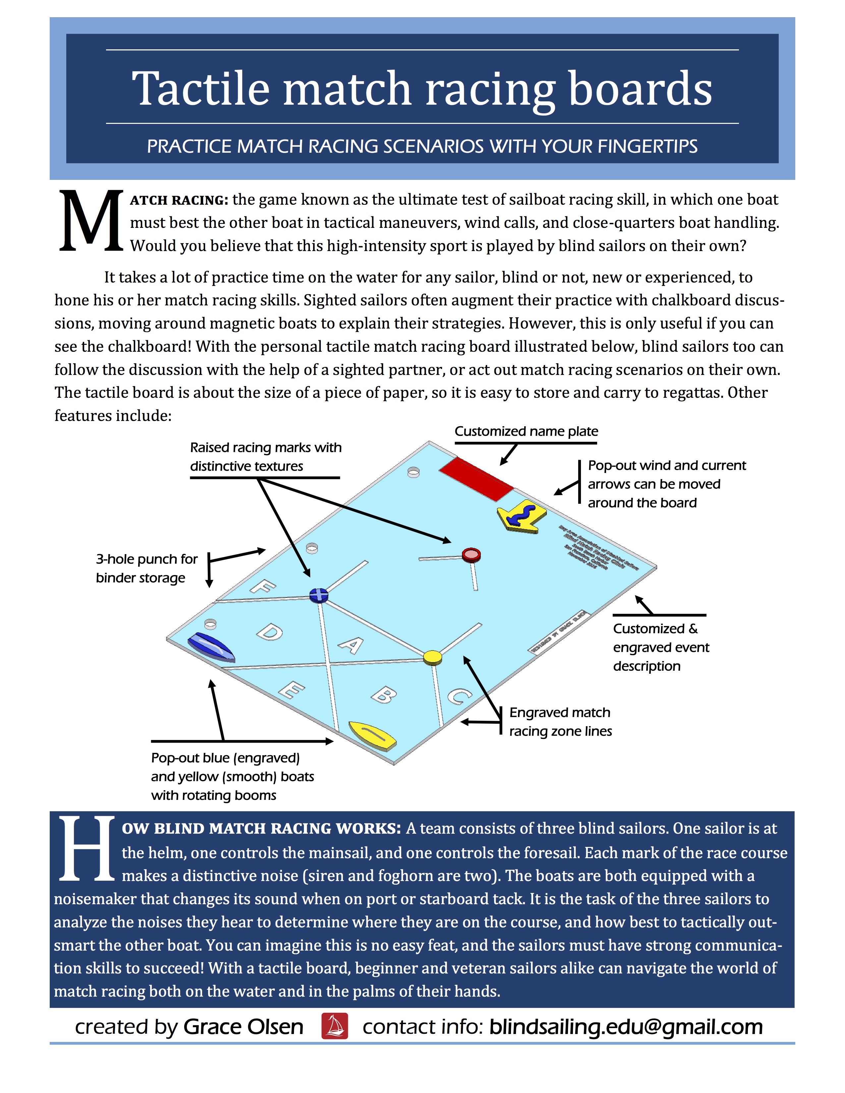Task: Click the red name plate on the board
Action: pos(476,479)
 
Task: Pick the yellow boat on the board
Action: pos(372,735)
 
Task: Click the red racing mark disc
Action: pos(471,554)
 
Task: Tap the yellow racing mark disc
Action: pos(432,656)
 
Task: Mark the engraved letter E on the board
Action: pos(291,690)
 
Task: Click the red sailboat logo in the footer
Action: pos(334,1026)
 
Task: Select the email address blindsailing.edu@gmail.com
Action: pos(626,1026)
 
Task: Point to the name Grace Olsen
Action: pos(243,1026)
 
